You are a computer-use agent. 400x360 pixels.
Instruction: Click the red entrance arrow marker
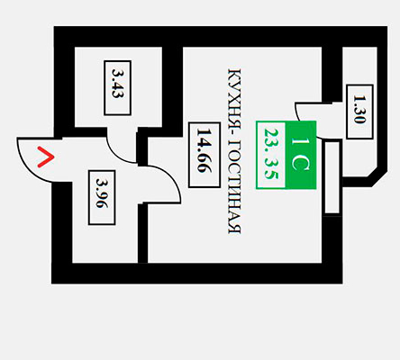pos(46,157)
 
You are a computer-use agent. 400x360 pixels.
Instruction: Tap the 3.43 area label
pos(117,88)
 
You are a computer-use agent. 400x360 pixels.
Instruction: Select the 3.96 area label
pos(102,197)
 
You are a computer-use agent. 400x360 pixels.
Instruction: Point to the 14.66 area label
pos(205,155)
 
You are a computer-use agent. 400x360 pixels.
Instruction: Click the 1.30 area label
pos(359,112)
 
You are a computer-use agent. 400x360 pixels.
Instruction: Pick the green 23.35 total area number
pos(271,155)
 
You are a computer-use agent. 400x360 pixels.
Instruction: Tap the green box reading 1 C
pos(301,155)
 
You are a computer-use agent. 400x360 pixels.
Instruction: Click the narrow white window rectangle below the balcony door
pos(332,178)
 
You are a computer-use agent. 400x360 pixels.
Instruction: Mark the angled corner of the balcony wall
pos(379,178)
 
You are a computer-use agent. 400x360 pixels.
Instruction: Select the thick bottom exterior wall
pos(197,274)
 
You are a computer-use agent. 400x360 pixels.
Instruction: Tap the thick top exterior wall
pos(221,37)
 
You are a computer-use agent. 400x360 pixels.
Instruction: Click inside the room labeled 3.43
pos(90,87)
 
